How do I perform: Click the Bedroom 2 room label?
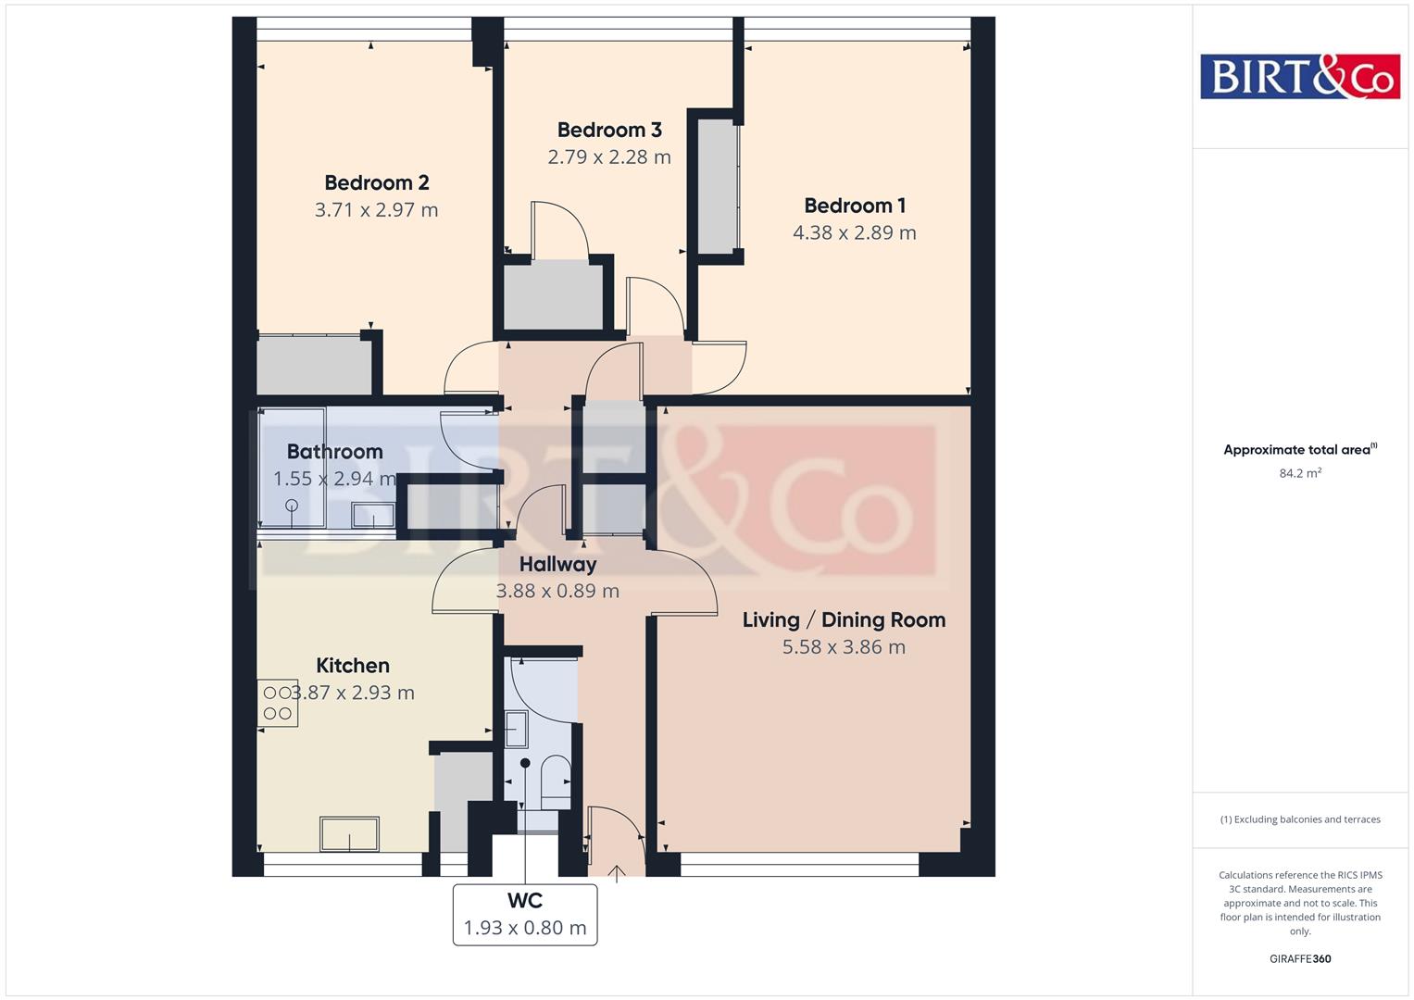(376, 182)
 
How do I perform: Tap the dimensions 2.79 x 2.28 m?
(608, 156)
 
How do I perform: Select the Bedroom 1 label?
(854, 206)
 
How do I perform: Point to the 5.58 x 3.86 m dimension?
(843, 646)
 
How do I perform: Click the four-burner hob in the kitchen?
(278, 704)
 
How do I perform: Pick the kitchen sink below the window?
(349, 833)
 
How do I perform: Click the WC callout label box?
(524, 914)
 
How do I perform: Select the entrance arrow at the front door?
(616, 872)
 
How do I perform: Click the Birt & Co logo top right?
(1299, 76)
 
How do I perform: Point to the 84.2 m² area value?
(1299, 473)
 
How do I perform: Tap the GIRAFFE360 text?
(1299, 958)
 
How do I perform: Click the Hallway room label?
(557, 564)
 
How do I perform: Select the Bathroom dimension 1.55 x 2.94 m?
(334, 479)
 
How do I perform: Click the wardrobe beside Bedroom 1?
(717, 185)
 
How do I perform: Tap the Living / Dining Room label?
(843, 619)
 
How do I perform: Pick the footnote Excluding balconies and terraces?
(1299, 819)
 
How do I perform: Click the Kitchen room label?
(352, 665)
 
